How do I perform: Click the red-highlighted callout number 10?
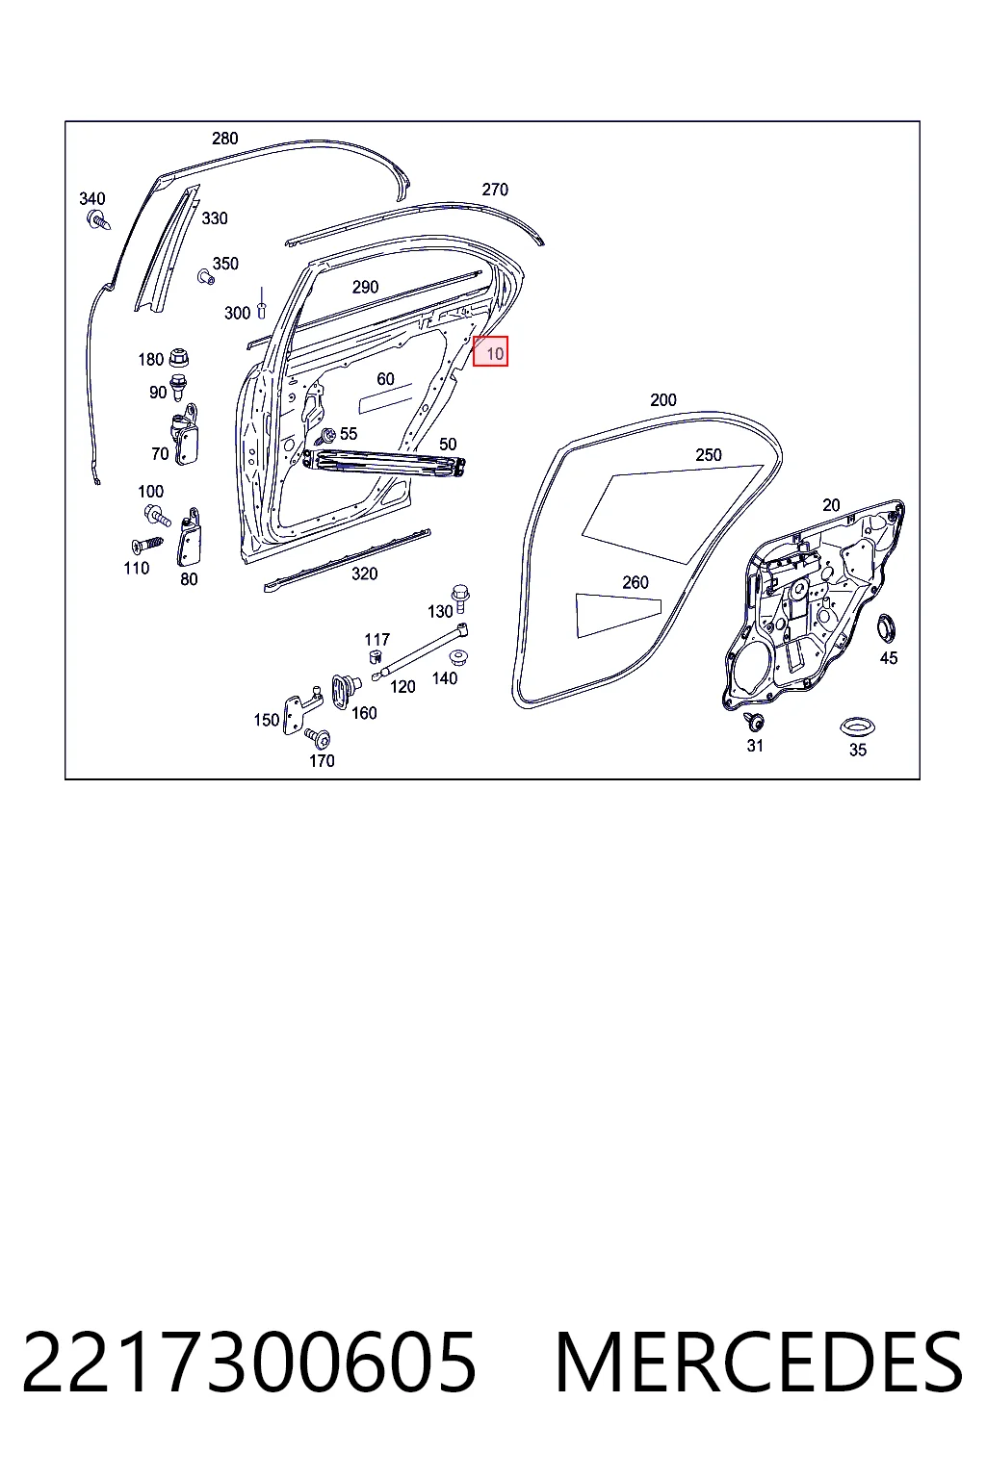pyautogui.click(x=494, y=354)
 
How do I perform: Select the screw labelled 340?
pyautogui.click(x=98, y=219)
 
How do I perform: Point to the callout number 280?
pyautogui.click(x=224, y=139)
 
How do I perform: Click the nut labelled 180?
pyautogui.click(x=178, y=358)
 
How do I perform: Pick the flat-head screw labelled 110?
pyautogui.click(x=147, y=545)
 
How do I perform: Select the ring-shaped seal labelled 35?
pyautogui.click(x=857, y=726)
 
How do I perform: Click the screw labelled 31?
pyautogui.click(x=754, y=722)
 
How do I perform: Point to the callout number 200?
pyautogui.click(x=663, y=400)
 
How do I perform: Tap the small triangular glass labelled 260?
pyautogui.click(x=616, y=614)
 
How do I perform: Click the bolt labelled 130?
pyautogui.click(x=460, y=598)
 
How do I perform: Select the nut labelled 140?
pyautogui.click(x=455, y=658)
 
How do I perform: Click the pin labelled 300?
pyautogui.click(x=262, y=303)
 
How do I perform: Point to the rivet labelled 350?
pyautogui.click(x=206, y=276)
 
